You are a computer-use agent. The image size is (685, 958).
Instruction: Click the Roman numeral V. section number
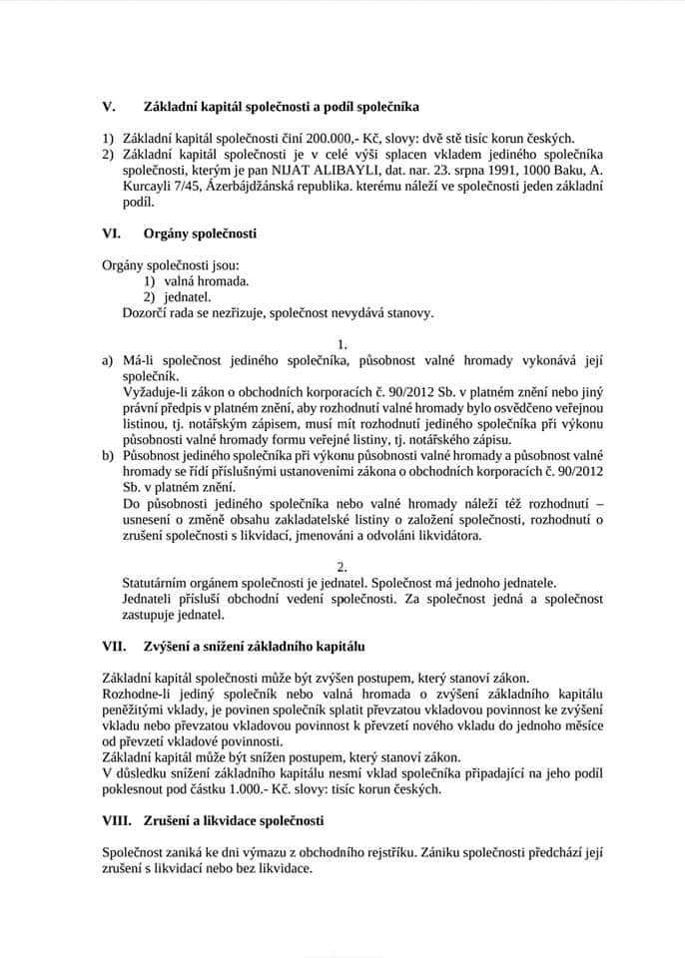click(109, 105)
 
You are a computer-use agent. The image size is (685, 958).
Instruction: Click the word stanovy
click(409, 312)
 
